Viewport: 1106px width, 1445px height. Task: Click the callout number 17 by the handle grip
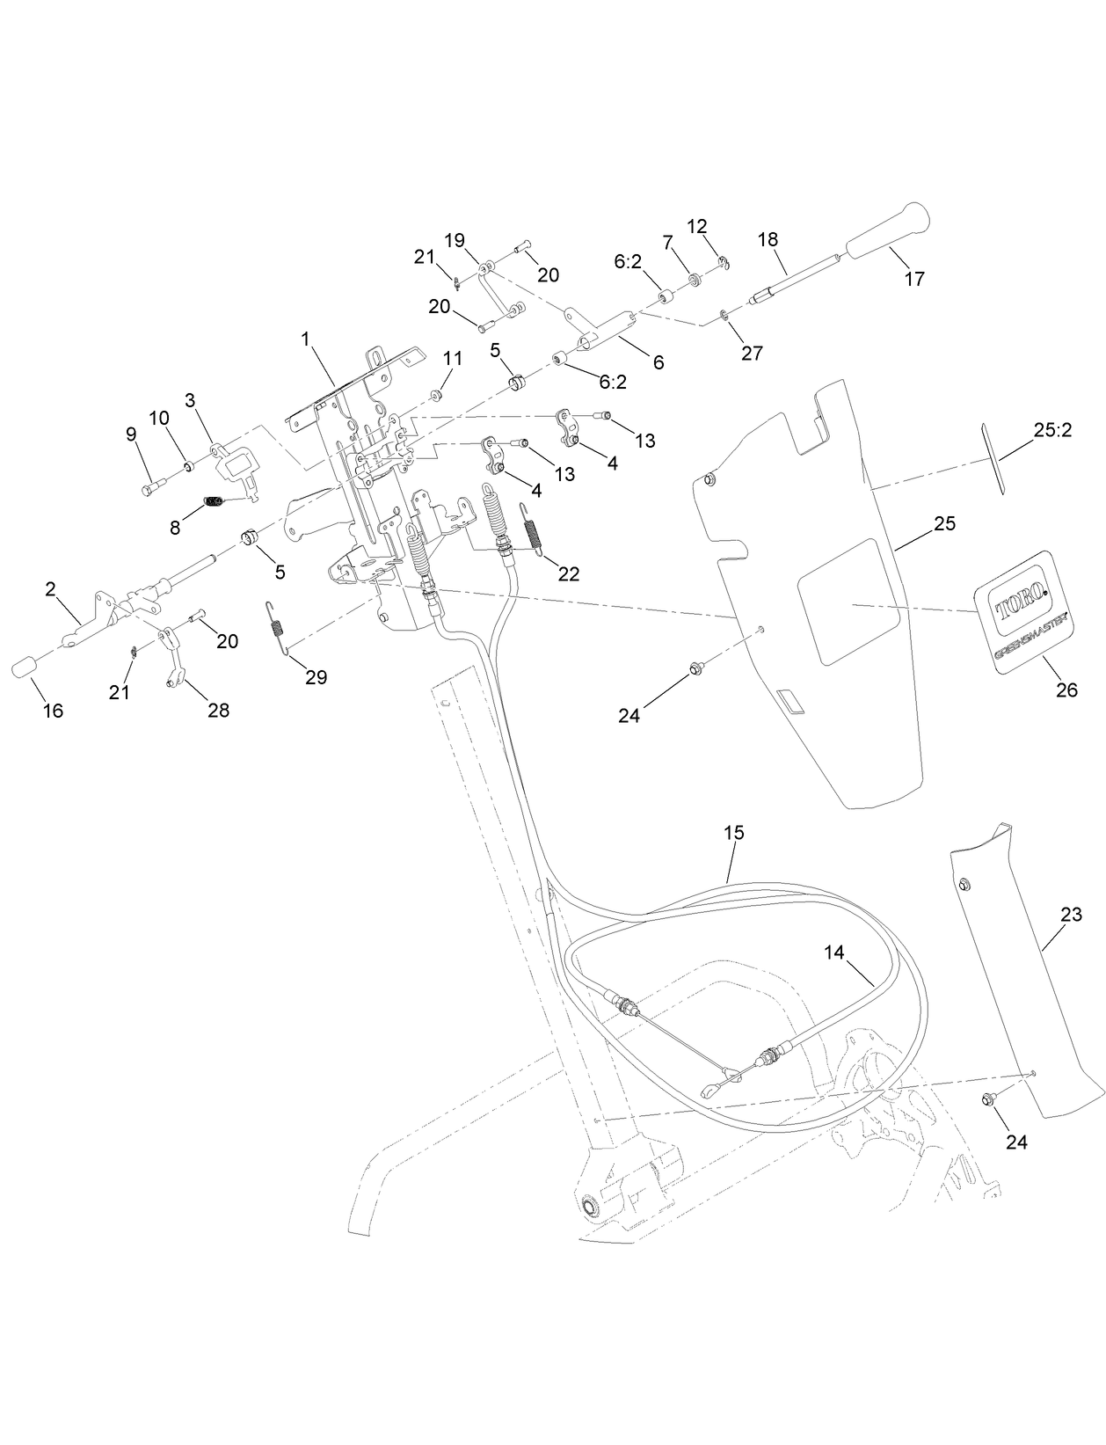(x=914, y=279)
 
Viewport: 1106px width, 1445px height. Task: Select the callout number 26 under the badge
(x=1066, y=690)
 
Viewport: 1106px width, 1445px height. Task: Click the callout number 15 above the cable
(x=734, y=831)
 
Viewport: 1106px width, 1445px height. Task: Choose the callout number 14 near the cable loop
(x=834, y=952)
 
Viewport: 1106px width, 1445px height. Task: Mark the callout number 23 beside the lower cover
(x=1071, y=915)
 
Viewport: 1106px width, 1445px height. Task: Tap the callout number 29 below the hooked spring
(x=316, y=676)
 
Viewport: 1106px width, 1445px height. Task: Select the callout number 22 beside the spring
(x=569, y=573)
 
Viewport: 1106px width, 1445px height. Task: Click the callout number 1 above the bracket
(x=306, y=338)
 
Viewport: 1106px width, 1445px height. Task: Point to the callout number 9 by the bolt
(x=131, y=434)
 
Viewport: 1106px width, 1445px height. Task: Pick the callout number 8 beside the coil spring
(x=175, y=528)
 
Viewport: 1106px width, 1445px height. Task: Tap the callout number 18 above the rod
(x=768, y=239)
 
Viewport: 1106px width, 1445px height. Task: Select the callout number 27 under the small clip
(x=752, y=353)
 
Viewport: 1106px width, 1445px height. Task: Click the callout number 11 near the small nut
(x=452, y=358)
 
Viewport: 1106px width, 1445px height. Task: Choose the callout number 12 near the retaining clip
(x=696, y=226)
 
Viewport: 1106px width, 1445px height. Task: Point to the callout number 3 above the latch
(x=190, y=400)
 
